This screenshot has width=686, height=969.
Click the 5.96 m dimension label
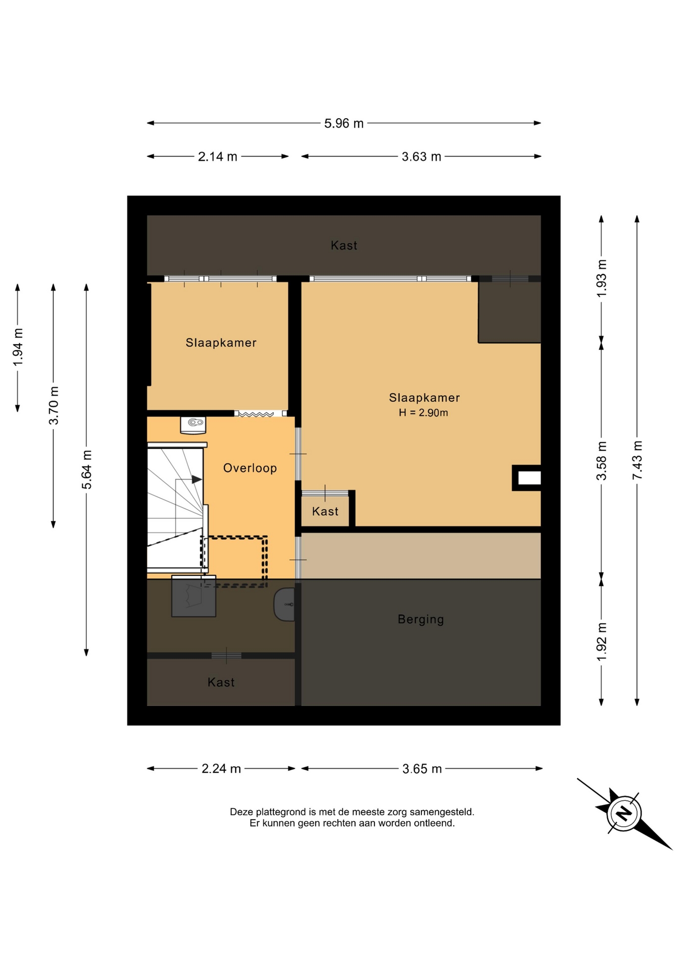(344, 124)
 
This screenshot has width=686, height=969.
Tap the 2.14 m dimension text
(217, 157)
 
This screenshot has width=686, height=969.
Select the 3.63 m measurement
(421, 157)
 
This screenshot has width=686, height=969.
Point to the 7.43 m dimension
(638, 460)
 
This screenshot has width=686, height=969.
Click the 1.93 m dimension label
(602, 279)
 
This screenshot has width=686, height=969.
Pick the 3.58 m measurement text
(602, 461)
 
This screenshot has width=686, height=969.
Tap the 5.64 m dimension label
(87, 469)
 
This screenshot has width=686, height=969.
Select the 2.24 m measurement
(221, 769)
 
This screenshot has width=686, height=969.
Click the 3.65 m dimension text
(422, 769)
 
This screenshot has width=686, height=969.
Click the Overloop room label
(250, 468)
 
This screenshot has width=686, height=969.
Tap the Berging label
(421, 619)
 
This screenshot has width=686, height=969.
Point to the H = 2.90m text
(423, 413)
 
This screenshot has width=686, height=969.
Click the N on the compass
(624, 813)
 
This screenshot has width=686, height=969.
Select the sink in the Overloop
(193, 425)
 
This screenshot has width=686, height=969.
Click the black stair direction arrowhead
(197, 479)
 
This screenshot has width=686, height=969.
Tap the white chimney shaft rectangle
(529, 478)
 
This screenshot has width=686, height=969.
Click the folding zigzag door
(256, 414)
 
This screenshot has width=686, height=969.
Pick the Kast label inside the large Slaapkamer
(325, 512)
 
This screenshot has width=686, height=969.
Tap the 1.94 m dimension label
(18, 347)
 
